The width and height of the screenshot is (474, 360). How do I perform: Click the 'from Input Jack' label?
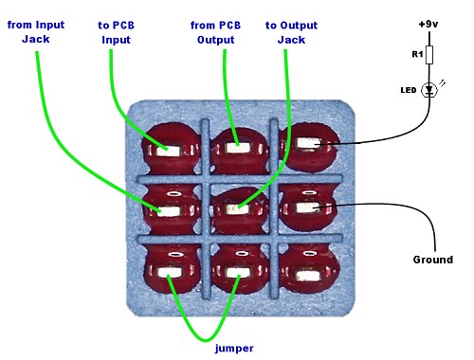click(36, 32)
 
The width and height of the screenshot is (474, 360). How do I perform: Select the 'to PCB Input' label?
click(116, 32)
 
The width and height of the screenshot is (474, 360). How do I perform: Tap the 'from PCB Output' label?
click(215, 32)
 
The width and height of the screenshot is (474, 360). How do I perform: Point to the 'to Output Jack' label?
click(291, 32)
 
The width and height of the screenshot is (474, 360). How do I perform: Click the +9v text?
click(428, 25)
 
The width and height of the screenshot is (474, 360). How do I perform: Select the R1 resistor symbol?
click(429, 55)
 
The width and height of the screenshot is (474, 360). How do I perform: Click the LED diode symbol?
click(429, 90)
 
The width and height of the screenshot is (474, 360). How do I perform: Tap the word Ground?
click(433, 260)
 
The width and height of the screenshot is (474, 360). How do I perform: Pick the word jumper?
click(234, 349)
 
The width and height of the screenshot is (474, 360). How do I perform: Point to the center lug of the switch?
click(238, 209)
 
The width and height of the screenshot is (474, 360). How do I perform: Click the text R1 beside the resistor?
click(417, 54)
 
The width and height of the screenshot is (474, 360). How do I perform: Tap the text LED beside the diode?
click(409, 90)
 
